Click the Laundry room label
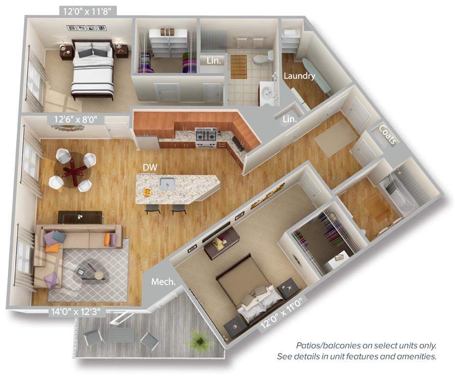point(299,76)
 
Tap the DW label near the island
point(150,167)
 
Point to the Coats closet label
point(387,134)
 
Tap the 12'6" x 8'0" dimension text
point(76,119)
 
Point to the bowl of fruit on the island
point(146,193)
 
